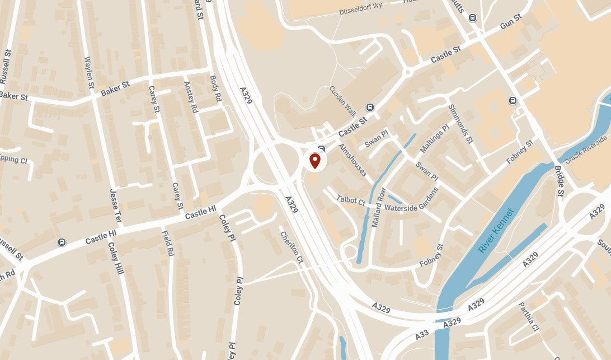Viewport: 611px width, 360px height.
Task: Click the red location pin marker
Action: click(x=314, y=161)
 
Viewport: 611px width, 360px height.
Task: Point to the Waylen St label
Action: click(x=89, y=72)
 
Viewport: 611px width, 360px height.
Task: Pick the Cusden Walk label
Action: click(x=342, y=99)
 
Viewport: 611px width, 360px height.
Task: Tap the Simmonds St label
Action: click(x=460, y=123)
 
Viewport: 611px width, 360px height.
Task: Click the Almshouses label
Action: click(x=352, y=160)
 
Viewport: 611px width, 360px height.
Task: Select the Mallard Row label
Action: click(x=379, y=207)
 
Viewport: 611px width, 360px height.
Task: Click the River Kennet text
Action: click(x=496, y=231)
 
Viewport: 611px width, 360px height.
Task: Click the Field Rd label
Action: click(x=167, y=244)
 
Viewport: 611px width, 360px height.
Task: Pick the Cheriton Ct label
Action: click(x=291, y=247)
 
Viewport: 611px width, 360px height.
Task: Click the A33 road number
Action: click(x=422, y=334)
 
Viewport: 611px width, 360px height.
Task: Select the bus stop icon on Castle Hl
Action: click(x=61, y=242)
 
